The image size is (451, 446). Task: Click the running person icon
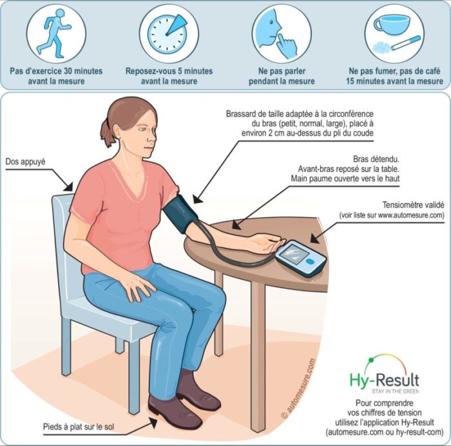point(55,32)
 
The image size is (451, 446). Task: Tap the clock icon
point(166,34)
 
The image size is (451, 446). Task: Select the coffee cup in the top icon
point(392,23)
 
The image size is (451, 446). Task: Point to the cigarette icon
point(406,43)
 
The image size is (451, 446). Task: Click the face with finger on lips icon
point(276,33)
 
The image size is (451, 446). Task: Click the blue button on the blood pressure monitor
point(310,262)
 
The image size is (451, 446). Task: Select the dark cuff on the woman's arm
point(179,213)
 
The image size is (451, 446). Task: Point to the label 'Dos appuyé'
point(25,161)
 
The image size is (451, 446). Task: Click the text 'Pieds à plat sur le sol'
point(79,427)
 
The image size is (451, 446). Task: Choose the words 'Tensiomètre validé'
point(414,205)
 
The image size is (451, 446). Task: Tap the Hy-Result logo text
point(384,380)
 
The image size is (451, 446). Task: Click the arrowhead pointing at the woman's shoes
point(153,422)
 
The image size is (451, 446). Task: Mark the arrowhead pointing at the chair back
point(68,186)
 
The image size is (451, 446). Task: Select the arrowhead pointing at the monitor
point(315,238)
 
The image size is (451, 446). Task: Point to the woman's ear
point(117,132)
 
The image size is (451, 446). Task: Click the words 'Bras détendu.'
point(376,159)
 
